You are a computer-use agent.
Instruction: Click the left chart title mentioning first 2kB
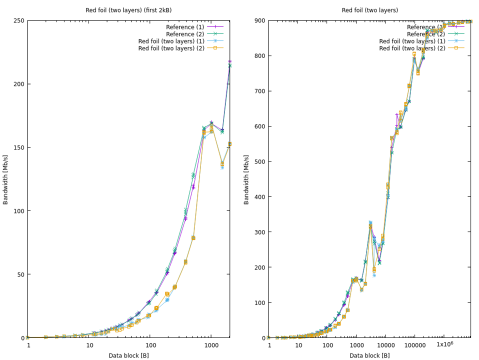(x=128, y=10)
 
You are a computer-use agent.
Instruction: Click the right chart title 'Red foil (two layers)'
(x=370, y=10)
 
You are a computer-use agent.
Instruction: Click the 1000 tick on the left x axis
(x=211, y=345)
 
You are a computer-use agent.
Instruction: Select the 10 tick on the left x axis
(x=89, y=345)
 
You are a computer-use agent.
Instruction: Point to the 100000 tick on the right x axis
(x=414, y=345)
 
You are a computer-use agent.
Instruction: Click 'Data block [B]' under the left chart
(x=128, y=355)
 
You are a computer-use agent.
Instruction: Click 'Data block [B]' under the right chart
(x=369, y=355)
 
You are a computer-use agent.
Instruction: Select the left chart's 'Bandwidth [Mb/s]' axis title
(x=6, y=179)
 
